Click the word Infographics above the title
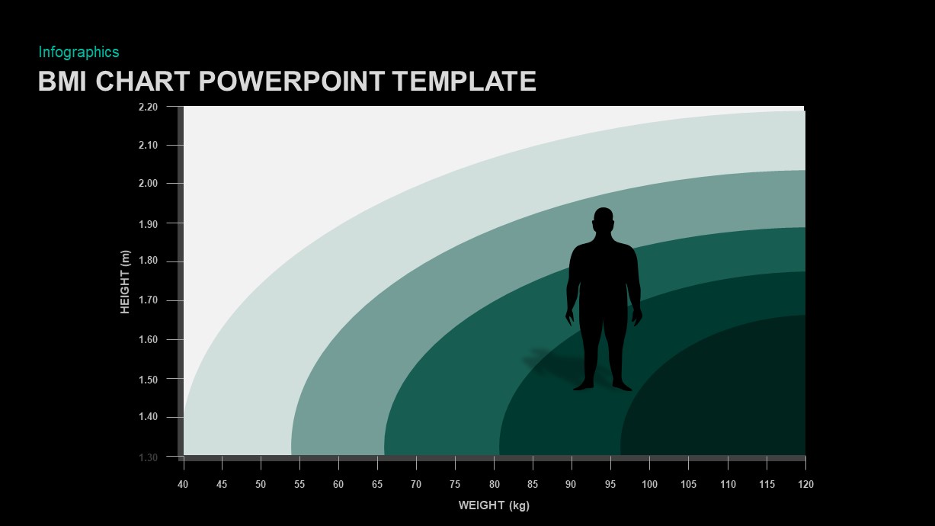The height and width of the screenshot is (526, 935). [x=78, y=52]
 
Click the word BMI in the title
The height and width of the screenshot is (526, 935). [x=62, y=81]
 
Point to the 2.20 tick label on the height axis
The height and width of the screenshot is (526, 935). [x=148, y=107]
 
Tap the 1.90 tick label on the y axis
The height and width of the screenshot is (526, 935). [x=148, y=223]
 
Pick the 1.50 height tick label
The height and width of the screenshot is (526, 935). [x=148, y=379]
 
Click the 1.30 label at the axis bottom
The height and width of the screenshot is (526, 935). [x=148, y=457]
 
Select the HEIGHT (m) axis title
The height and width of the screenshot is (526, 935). [x=126, y=282]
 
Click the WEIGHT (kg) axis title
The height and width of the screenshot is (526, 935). [x=494, y=505]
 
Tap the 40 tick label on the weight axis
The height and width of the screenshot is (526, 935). [x=183, y=484]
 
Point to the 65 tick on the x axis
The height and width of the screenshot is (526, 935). [x=377, y=484]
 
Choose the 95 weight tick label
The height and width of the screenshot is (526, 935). [x=610, y=484]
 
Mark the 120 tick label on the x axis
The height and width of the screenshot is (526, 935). [x=805, y=484]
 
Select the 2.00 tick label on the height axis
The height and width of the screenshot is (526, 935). [x=148, y=184]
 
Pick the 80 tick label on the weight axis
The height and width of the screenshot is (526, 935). [x=494, y=484]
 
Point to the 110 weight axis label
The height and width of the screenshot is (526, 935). [x=727, y=484]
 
